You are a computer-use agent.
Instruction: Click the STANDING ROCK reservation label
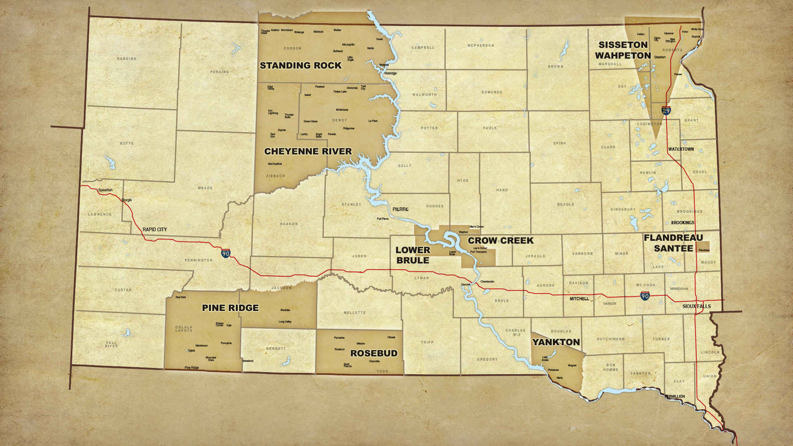coord(300,66)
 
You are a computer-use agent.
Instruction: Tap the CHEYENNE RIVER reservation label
coord(308,152)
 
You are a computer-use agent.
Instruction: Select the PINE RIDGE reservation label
coord(230,308)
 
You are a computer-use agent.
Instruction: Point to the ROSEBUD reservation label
coord(373,353)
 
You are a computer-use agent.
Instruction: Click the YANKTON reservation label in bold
coord(556,342)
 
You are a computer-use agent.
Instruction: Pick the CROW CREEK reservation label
coord(501,241)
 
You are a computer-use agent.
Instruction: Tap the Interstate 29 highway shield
coord(666,110)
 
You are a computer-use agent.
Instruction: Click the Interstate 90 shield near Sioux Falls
coord(645,296)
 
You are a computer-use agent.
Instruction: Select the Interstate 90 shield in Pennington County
coord(226,253)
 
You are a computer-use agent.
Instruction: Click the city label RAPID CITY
coord(154,230)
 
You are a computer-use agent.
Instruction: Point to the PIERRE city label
coord(400,209)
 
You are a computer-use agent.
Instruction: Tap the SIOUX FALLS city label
coord(696,306)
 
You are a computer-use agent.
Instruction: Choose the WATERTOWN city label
coord(681,149)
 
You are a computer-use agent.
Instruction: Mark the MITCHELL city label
coord(579,299)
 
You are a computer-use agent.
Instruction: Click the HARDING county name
coord(126,59)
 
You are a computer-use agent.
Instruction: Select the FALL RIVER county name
coord(111,344)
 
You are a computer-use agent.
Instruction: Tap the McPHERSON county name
coord(480,45)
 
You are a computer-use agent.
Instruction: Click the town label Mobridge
coord(390,74)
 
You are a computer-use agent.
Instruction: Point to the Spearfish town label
coord(105,190)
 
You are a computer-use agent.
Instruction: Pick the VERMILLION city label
coord(674,396)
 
